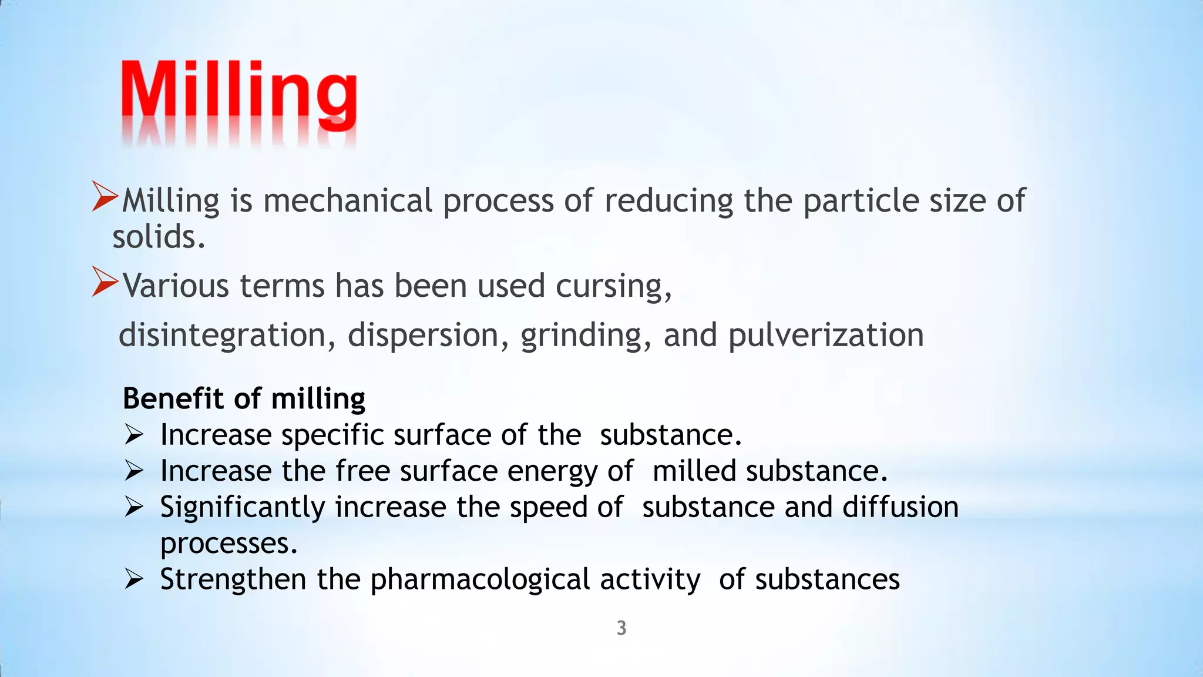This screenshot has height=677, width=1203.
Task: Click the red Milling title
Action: [x=238, y=94]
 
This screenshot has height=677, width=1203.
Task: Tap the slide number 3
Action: [x=621, y=628]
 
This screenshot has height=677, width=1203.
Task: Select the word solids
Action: [x=159, y=237]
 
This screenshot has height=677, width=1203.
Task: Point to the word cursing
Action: [x=613, y=287]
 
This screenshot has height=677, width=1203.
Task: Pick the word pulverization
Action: [x=826, y=336]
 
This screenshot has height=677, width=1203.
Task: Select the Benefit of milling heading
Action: [x=244, y=398]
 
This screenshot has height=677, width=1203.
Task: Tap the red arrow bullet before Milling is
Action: [x=106, y=196]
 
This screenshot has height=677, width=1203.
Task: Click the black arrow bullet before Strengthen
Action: [x=134, y=580]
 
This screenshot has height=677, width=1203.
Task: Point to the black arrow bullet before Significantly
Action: [x=134, y=508]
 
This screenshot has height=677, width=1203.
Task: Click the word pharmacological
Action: [x=480, y=580]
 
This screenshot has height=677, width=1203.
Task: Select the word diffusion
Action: [x=900, y=507]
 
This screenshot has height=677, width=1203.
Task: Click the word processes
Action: [x=228, y=544]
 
